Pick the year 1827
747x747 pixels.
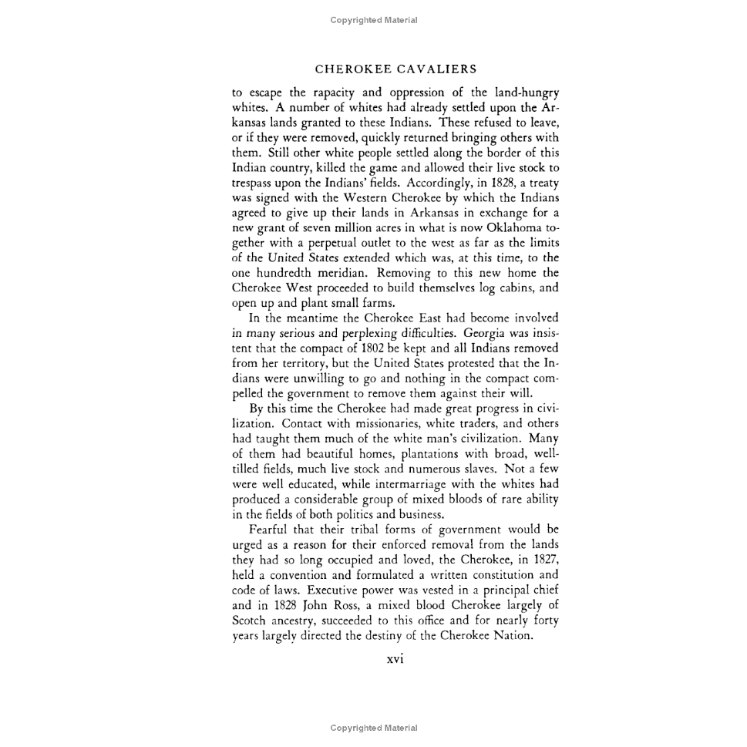[543, 560]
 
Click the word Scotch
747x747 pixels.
[249, 620]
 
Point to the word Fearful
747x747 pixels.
[271, 530]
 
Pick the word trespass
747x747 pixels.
[257, 183]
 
